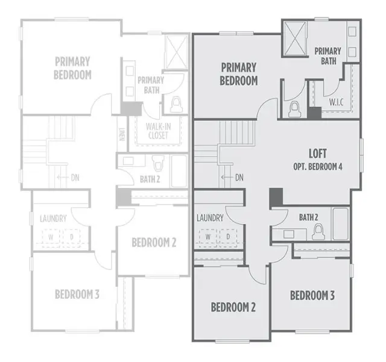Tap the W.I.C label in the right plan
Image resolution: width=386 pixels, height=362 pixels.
[x=337, y=102]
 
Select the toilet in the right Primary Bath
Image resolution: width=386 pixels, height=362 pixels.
[x=294, y=108]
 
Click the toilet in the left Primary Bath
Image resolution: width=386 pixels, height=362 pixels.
[x=176, y=105]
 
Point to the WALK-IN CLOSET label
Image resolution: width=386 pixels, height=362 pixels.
[x=157, y=131]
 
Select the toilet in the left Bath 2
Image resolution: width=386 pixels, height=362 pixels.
[x=158, y=163]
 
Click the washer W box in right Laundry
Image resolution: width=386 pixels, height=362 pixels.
[x=208, y=237]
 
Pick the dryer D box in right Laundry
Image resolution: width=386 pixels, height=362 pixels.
[x=229, y=237]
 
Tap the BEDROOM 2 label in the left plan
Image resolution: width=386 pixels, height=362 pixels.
[x=154, y=242]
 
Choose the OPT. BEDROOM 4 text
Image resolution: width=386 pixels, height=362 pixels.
[x=318, y=166]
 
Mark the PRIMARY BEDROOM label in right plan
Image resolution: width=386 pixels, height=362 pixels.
[x=239, y=73]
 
